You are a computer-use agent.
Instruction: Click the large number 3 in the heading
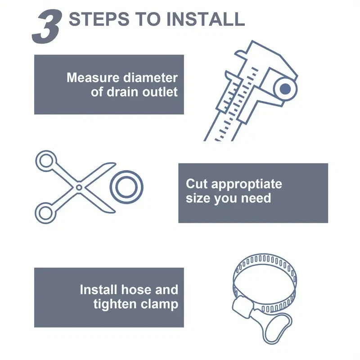(47, 27)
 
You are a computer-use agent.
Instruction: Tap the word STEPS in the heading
(99, 19)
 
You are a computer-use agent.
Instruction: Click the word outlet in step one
(160, 92)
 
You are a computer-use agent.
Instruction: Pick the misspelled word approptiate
(247, 184)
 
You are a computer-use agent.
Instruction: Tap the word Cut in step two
(197, 184)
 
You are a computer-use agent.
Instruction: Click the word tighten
(115, 304)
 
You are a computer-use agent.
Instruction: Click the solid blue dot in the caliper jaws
(285, 89)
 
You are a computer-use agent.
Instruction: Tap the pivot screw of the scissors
(79, 187)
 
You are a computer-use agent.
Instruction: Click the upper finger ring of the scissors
(46, 161)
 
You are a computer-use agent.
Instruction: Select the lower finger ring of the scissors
(45, 213)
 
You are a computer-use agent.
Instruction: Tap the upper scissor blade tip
(115, 163)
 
